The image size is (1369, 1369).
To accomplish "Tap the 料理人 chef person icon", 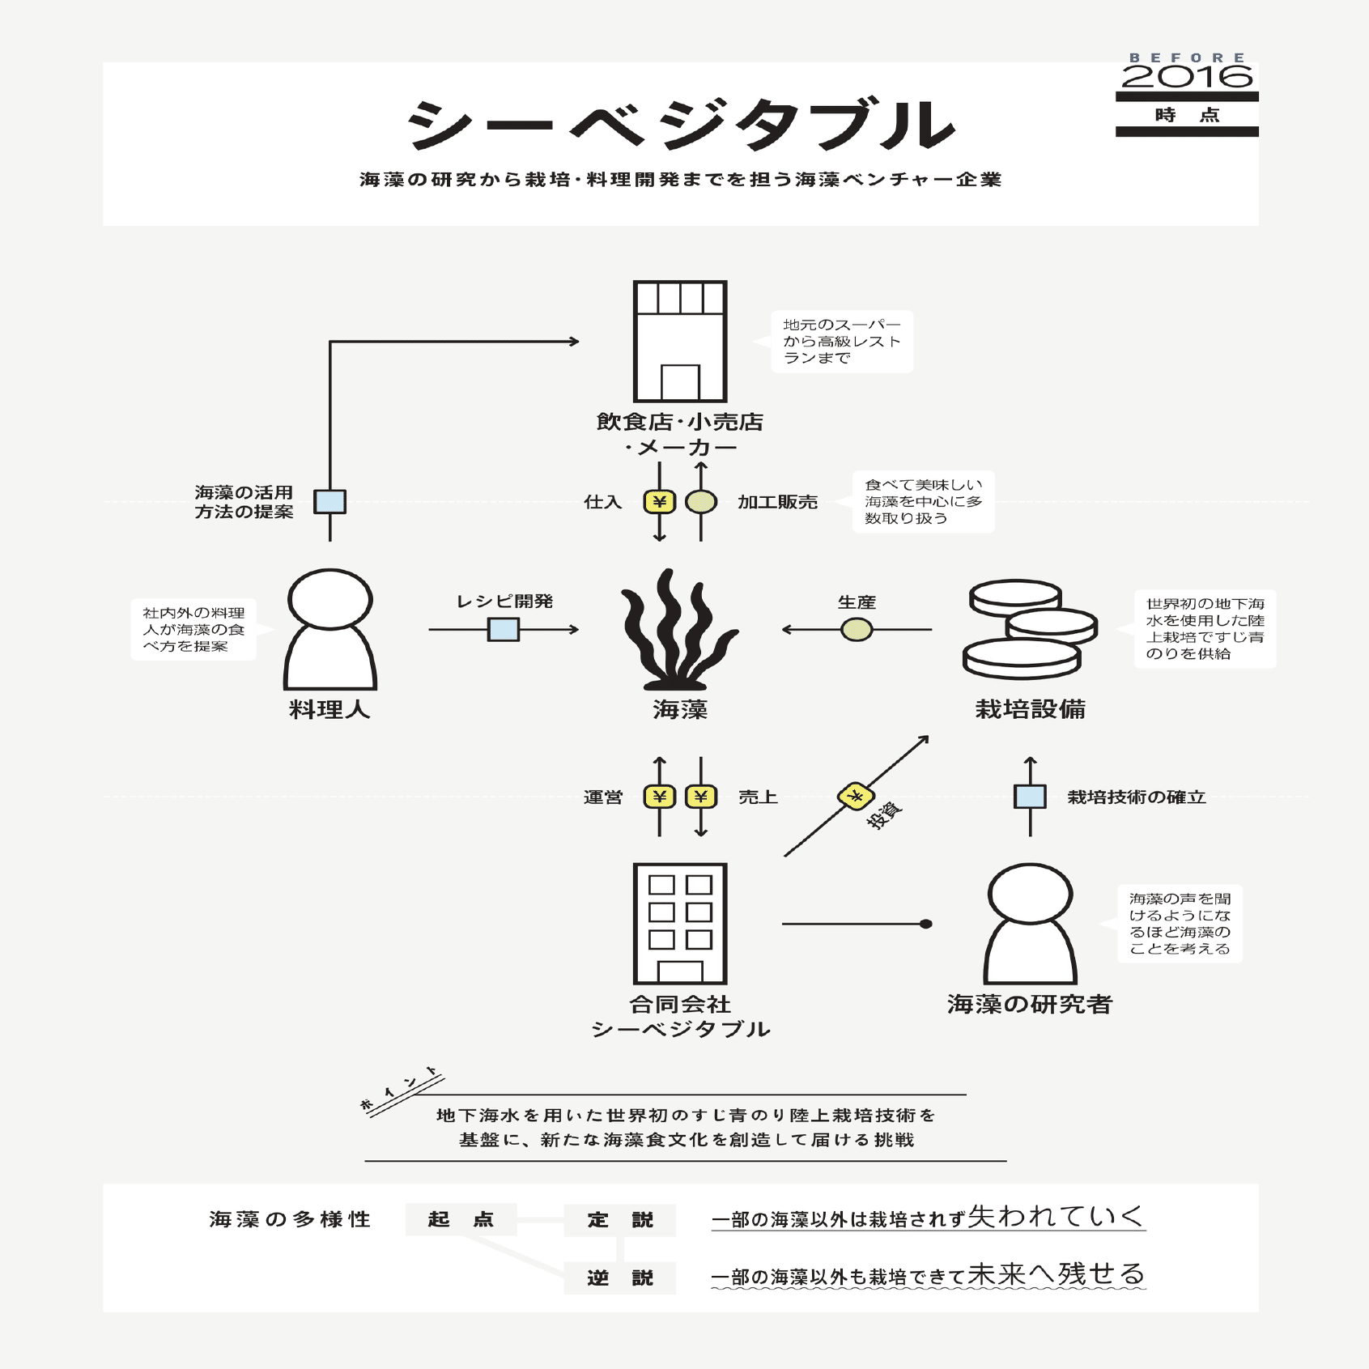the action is pos(330,629).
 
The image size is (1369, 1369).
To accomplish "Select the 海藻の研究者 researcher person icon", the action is pos(1030,924).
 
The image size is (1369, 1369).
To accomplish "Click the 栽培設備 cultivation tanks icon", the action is pos(1030,629).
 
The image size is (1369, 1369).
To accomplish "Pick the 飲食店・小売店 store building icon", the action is pos(680,341).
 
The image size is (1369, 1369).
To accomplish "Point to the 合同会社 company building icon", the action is pos(680,924).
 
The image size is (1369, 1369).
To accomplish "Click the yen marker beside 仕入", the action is pos(660,502).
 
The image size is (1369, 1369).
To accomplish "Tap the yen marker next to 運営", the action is pos(660,797).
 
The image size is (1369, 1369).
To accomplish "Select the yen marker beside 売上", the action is pos(701,797).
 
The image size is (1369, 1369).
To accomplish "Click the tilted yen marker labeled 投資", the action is pos(856,797).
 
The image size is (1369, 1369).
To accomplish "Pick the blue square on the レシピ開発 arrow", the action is pos(504,629).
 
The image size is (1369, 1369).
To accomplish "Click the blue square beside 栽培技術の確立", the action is pos(1030,797).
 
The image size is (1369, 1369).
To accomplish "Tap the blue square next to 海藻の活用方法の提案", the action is pos(330,502).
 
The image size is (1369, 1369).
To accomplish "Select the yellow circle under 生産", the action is pos(857,629).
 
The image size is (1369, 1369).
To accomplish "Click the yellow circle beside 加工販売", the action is pos(701,502).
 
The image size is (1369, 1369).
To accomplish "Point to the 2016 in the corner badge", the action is pos(1187,77).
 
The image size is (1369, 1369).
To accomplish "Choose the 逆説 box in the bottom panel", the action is pos(620,1278).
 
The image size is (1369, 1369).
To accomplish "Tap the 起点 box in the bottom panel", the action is pos(461,1219).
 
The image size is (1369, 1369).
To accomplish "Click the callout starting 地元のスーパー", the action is pos(842,341).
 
